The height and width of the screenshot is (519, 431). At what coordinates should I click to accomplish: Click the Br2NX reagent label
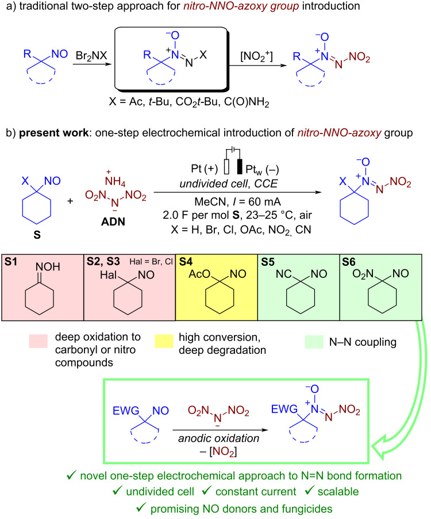[x=91, y=55]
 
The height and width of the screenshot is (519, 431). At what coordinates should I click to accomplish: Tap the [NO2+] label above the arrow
[x=256, y=56]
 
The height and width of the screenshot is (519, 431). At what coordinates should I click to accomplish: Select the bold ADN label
[x=113, y=222]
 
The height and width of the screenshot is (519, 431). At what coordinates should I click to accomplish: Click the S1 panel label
[x=10, y=262]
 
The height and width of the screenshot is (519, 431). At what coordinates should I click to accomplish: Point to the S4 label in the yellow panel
[x=186, y=262]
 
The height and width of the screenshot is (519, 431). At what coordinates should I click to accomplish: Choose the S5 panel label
[x=267, y=262]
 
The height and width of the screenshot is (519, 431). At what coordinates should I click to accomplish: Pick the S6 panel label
[x=349, y=262]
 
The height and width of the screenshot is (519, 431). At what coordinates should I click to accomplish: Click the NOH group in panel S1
[x=48, y=267]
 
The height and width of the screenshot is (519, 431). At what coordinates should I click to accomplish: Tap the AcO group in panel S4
[x=199, y=274]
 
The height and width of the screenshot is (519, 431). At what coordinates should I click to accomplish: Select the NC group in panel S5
[x=283, y=274]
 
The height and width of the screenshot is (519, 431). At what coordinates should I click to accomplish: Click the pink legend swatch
[x=38, y=341]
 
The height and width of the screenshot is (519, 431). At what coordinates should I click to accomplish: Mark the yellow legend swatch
[x=164, y=341]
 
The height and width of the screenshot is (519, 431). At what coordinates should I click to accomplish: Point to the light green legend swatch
[x=314, y=342]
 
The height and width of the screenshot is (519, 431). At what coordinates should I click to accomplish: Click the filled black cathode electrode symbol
[x=239, y=166]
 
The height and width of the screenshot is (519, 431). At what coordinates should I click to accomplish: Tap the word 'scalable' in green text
[x=338, y=491]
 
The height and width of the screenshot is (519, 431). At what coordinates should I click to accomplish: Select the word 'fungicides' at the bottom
[x=307, y=509]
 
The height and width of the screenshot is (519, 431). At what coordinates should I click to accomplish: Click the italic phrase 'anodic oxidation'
[x=218, y=438]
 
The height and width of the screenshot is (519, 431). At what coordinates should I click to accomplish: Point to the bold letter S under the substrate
[x=37, y=235]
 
